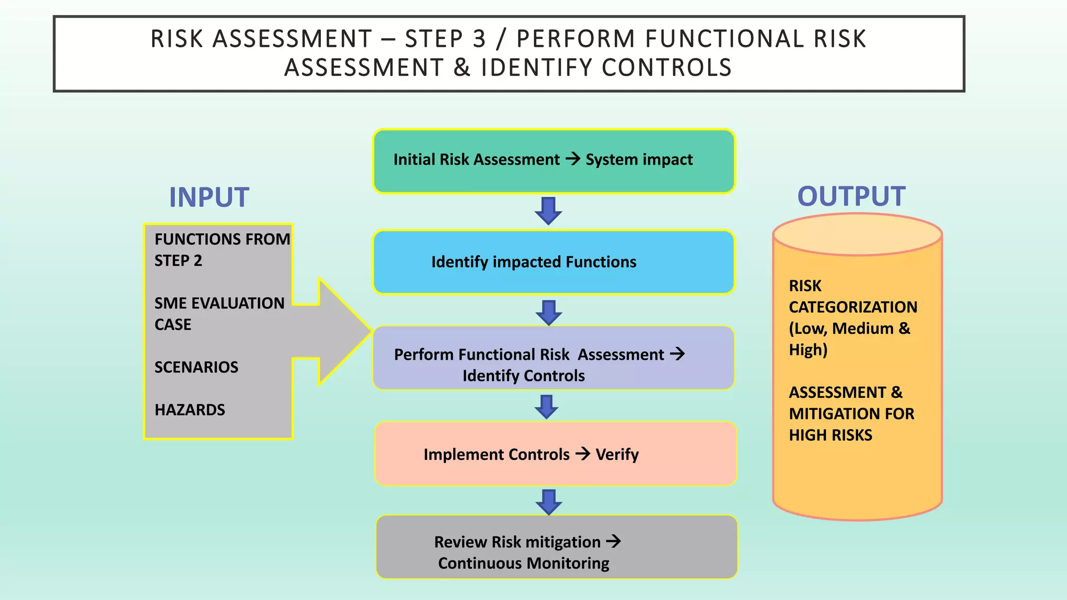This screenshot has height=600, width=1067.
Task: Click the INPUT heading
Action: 209,197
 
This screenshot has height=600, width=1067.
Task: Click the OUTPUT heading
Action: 851,196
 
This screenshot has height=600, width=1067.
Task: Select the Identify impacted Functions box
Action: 553,262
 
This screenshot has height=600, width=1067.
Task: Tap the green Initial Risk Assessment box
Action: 553,161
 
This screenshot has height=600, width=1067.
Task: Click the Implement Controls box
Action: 555,454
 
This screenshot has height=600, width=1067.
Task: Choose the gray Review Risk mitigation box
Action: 556,547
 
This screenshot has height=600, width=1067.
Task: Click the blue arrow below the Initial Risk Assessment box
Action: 548,210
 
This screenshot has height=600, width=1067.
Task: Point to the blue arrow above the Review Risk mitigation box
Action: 549,502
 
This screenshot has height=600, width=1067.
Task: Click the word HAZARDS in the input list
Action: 190,410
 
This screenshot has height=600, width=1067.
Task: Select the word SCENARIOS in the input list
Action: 196,367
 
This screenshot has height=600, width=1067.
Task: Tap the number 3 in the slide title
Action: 479,39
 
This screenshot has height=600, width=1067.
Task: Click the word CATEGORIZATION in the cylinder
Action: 853,307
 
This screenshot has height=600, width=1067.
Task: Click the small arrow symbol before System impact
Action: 573,158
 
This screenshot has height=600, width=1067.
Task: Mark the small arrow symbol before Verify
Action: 582,454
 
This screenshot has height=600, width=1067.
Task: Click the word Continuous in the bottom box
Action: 479,563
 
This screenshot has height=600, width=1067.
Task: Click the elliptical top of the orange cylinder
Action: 857,235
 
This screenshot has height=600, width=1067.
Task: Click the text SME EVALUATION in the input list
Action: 219,303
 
